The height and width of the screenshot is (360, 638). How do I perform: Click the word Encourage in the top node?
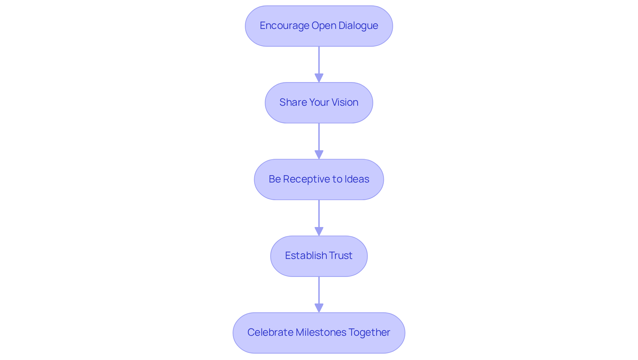coord(284,26)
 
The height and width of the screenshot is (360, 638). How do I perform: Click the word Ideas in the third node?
coord(357,179)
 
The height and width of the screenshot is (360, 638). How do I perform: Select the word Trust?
coord(341,256)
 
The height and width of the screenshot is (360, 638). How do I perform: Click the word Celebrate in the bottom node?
coord(270,332)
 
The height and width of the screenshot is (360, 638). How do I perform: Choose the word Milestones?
coord(318,332)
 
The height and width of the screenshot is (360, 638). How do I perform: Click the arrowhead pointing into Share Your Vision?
coord(319,78)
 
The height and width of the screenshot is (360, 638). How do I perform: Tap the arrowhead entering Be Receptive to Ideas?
coord(319,155)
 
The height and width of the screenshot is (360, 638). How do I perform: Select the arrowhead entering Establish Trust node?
coord(319,232)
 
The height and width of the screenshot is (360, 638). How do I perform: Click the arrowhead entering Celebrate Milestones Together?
coord(319,308)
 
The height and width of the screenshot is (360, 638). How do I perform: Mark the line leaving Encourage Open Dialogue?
coord(319,60)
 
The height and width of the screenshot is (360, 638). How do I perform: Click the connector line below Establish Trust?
coord(319,290)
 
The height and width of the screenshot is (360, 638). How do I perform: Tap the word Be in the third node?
coord(275,179)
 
